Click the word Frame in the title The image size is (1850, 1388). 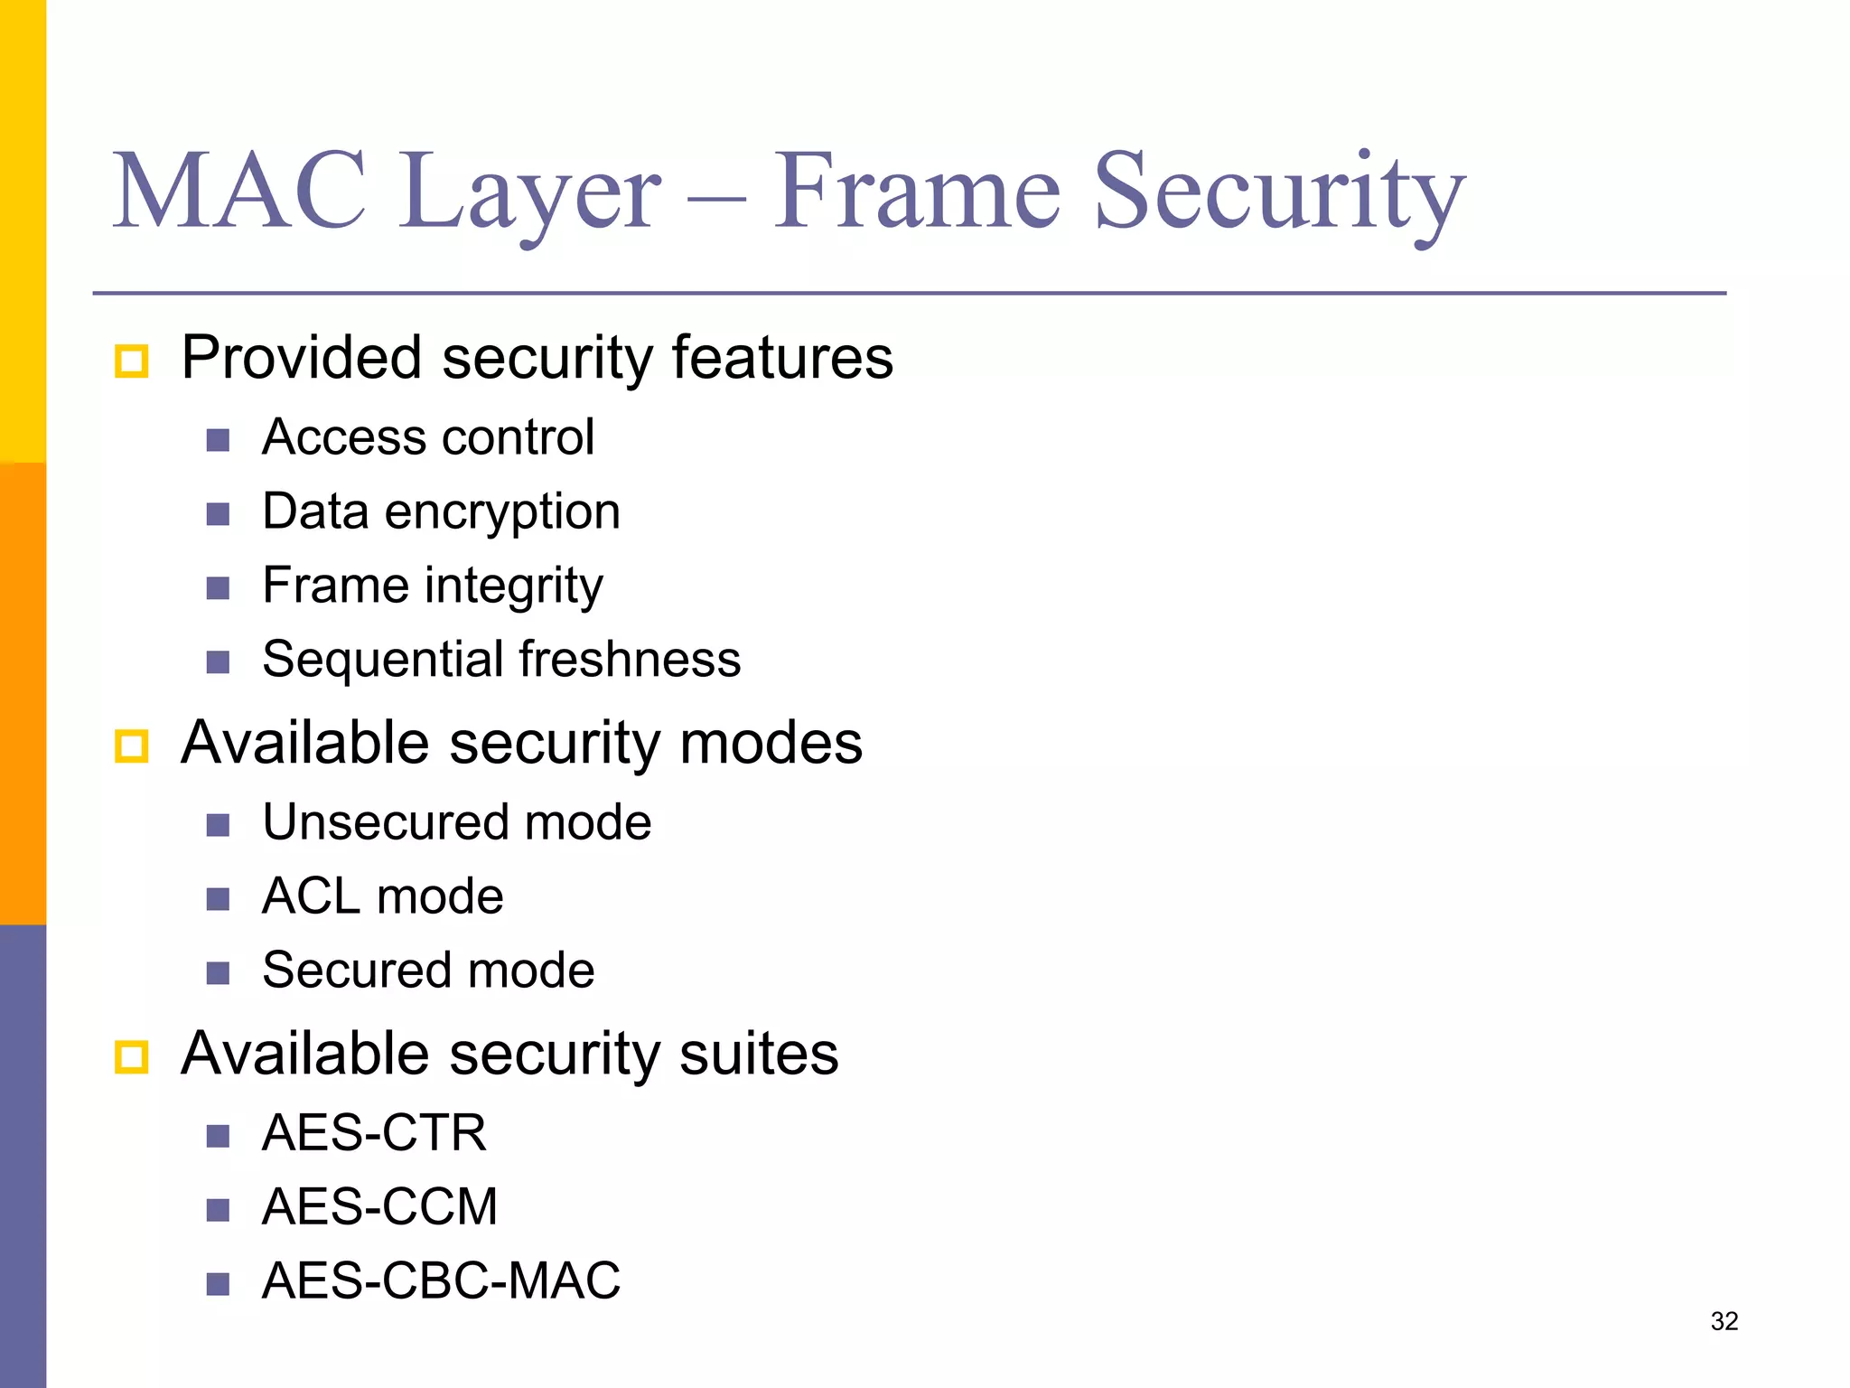pyautogui.click(x=917, y=192)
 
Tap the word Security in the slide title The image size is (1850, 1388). pyautogui.click(x=1279, y=192)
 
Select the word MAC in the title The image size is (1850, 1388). pyautogui.click(x=240, y=192)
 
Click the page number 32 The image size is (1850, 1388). pyautogui.click(x=1724, y=1321)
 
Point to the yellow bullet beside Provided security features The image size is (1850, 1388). pyautogui.click(x=132, y=361)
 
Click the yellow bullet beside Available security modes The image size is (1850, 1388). pyautogui.click(x=132, y=746)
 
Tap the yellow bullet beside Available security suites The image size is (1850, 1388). pyautogui.click(x=132, y=1057)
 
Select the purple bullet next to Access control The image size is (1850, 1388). pyautogui.click(x=218, y=441)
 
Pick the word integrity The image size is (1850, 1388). pyautogui.click(x=514, y=586)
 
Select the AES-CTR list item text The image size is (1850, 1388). pyautogui.click(x=374, y=1133)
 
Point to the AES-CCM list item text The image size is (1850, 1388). pyautogui.click(x=379, y=1207)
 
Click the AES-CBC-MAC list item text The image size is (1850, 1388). pyautogui.click(x=441, y=1281)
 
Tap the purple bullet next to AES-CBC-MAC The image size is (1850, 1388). pyautogui.click(x=218, y=1285)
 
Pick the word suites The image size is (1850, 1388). pyautogui.click(x=759, y=1055)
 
